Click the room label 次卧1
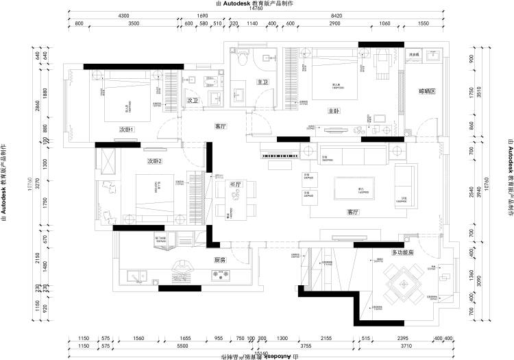126,129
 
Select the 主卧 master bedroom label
334,110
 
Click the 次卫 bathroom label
193,101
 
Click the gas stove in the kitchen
222,276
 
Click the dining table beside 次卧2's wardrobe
235,199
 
